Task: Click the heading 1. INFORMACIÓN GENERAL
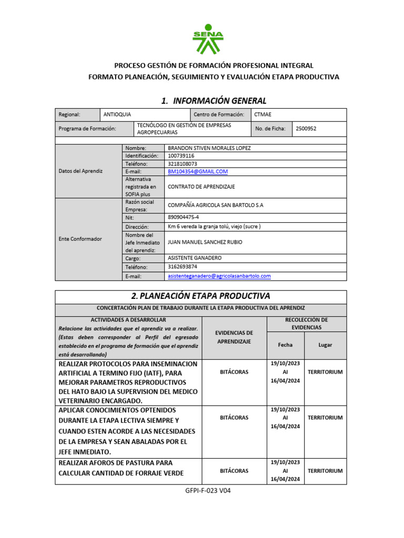(x=214, y=100)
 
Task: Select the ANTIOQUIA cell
(x=117, y=115)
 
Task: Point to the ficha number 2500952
(x=306, y=128)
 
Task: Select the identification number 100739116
(x=181, y=156)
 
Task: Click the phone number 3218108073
(x=183, y=164)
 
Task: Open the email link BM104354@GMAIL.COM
(x=197, y=172)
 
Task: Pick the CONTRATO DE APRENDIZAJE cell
(x=201, y=187)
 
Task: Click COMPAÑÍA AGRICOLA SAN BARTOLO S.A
(x=215, y=205)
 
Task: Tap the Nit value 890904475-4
(x=183, y=218)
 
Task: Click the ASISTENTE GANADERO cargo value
(x=195, y=258)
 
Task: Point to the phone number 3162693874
(x=183, y=266)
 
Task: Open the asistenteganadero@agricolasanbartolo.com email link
(x=219, y=276)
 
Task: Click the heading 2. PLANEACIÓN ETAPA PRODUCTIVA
(x=200, y=296)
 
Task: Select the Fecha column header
(x=286, y=345)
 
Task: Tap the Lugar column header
(x=325, y=345)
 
